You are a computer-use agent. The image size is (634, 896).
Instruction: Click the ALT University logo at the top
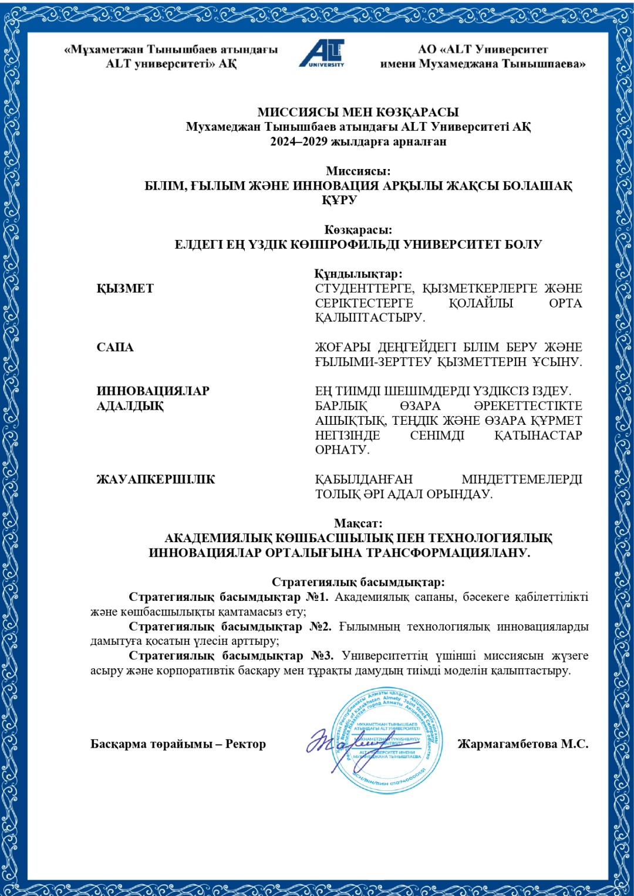[322, 54]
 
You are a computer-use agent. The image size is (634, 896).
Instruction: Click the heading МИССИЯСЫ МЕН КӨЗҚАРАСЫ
[358, 112]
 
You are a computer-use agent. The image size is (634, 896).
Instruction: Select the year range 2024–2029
[299, 141]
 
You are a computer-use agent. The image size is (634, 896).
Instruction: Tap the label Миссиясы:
[358, 171]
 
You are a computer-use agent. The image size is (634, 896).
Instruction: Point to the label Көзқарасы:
[358, 230]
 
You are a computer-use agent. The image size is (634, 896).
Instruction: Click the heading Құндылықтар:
[358, 274]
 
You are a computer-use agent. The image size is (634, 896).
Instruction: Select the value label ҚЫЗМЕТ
[125, 289]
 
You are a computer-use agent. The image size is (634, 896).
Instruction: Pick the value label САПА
[115, 347]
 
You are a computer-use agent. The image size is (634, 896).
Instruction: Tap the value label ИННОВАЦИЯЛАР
[153, 391]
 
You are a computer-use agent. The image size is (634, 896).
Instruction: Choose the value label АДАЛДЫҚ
[130, 406]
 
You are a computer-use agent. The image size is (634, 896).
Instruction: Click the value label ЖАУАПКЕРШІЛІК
[156, 479]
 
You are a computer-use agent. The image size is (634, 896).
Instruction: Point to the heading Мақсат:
[358, 523]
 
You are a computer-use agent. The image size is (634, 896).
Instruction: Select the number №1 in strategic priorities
[317, 597]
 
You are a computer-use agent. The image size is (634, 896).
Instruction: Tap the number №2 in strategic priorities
[320, 627]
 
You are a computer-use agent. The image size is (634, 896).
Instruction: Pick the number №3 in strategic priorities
[322, 656]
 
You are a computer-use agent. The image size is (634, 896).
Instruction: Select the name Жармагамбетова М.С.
[522, 744]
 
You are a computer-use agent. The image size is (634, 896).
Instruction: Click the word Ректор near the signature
[245, 744]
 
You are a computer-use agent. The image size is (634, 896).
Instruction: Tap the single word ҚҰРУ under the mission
[339, 201]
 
